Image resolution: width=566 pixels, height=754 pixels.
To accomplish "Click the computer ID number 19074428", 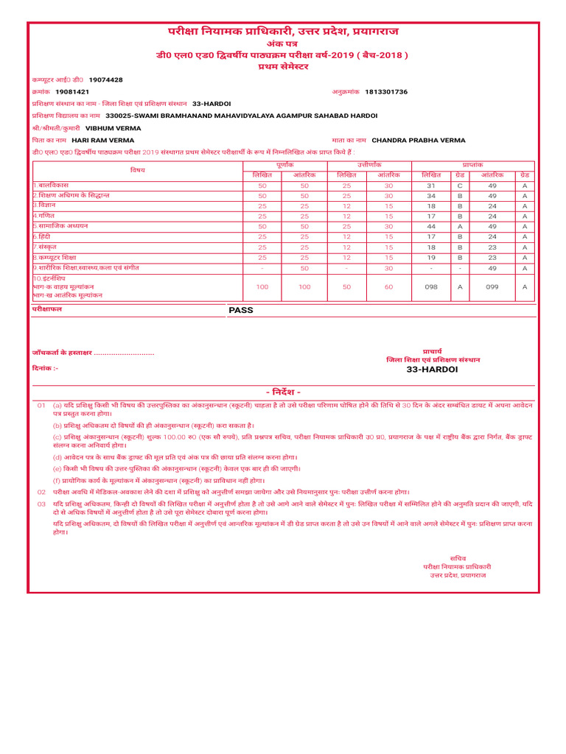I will click(105, 80).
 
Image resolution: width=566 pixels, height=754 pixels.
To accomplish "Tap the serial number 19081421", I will click(72, 92).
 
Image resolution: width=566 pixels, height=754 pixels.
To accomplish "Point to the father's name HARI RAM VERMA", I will click(103, 140).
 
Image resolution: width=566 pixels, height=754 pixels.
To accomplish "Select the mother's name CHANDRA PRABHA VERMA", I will click(419, 140).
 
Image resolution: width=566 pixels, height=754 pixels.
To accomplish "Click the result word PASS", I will click(240, 310).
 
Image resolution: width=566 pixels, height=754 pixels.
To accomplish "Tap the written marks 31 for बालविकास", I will click(431, 186).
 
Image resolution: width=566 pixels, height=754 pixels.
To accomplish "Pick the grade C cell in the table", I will click(460, 186).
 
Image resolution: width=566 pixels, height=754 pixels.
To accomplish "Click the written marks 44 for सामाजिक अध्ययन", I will click(431, 227).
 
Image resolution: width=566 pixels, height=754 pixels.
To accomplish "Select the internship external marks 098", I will click(431, 287).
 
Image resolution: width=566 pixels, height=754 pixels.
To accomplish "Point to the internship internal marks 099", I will click(492, 287).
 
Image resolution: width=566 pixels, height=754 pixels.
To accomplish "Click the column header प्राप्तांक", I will click(472, 166).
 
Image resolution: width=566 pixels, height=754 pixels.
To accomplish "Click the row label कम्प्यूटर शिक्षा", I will click(55, 258).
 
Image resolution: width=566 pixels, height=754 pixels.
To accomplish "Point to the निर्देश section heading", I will click(283, 392).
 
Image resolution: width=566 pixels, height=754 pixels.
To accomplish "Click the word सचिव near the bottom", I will click(458, 558).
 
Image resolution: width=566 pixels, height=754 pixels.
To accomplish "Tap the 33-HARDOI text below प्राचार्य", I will click(432, 369).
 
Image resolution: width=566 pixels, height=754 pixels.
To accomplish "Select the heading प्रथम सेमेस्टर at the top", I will click(283, 66).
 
